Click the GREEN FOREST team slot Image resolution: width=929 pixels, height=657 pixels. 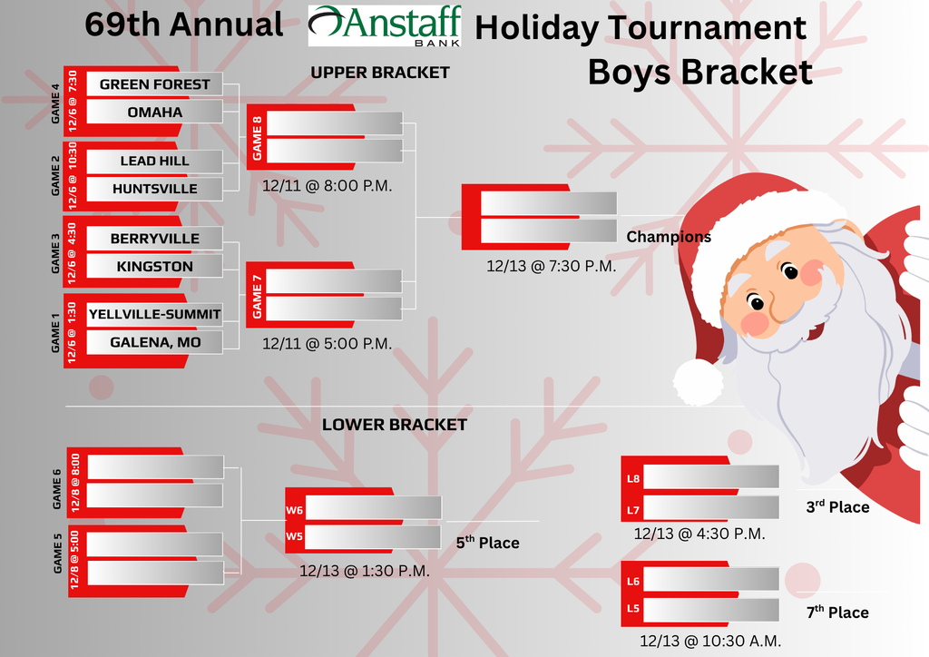[x=154, y=84]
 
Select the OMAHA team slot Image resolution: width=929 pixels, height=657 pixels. [x=154, y=112]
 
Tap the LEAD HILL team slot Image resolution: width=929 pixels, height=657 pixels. [x=154, y=161]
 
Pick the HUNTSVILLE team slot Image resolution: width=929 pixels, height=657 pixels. [x=154, y=189]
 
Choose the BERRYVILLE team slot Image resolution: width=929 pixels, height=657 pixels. [x=154, y=239]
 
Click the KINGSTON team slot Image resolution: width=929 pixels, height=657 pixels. [x=154, y=266]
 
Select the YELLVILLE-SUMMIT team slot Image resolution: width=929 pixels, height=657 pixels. [x=154, y=314]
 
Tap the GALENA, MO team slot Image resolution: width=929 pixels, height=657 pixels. [x=154, y=342]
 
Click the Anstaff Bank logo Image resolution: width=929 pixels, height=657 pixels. [x=385, y=25]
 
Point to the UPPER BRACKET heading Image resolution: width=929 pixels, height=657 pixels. [x=380, y=73]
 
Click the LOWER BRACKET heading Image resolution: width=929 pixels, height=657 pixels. [x=395, y=425]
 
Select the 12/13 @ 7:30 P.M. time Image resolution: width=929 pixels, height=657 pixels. [x=551, y=266]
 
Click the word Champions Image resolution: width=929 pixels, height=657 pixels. [x=669, y=237]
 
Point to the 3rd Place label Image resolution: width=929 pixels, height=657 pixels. [x=837, y=507]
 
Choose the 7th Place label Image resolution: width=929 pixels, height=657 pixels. [x=837, y=613]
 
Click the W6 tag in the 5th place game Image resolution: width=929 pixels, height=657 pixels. [x=294, y=511]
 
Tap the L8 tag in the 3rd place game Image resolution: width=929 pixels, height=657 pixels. [x=634, y=477]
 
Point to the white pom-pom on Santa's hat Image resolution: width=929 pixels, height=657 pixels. [x=698, y=381]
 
